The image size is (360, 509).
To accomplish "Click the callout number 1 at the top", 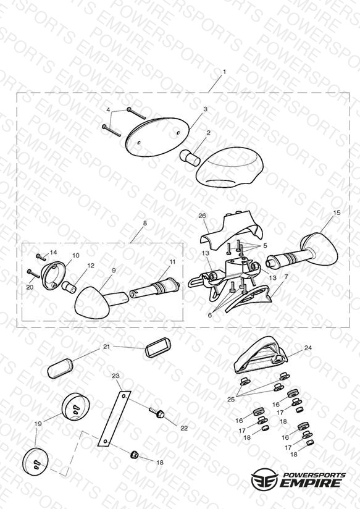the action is [224, 72].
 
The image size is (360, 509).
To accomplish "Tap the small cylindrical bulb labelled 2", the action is [190, 158].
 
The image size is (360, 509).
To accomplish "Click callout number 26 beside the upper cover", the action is [203, 216].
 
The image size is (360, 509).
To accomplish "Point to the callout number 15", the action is [337, 212].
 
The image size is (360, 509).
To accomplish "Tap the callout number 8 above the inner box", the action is [144, 224].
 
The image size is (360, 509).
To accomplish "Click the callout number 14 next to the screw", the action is [53, 252].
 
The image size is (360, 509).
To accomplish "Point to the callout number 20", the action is [30, 287].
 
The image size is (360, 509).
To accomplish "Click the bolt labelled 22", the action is [157, 413].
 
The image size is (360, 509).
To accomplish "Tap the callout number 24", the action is [308, 348].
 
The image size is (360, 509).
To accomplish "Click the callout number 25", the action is [231, 399].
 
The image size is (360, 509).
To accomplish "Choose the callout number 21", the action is [106, 347].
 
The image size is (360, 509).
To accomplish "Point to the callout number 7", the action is [286, 277].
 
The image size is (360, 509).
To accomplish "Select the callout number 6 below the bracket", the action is [210, 315].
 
